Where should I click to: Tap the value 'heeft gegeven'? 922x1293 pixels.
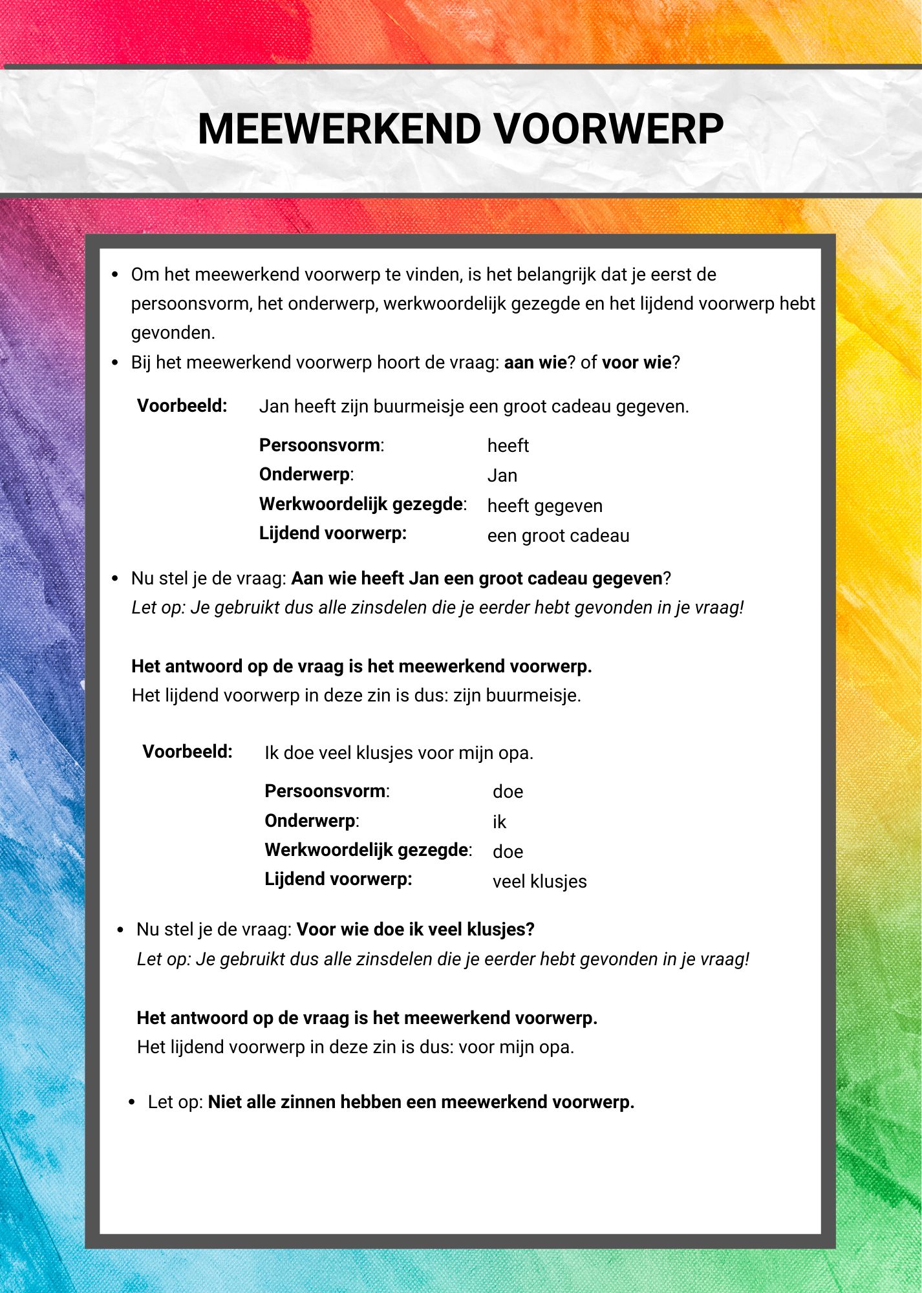544,506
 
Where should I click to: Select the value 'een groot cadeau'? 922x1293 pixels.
558,535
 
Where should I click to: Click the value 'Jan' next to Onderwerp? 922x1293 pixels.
502,476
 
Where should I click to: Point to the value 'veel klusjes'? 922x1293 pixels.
539,881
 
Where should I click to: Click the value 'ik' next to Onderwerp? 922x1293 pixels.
499,822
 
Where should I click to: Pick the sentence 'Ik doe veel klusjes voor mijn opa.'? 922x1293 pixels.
399,753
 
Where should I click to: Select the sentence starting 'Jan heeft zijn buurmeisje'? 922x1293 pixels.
474,407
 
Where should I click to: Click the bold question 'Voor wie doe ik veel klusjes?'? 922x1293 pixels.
415,930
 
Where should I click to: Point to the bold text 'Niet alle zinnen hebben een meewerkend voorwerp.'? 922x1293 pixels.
421,1102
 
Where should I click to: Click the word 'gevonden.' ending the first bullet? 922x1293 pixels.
173,333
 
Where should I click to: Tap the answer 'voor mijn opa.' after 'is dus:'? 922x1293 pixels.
516,1047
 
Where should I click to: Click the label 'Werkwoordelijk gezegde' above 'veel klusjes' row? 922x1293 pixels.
367,850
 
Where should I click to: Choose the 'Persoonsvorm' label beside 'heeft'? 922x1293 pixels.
319,445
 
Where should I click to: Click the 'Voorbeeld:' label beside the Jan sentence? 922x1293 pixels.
182,406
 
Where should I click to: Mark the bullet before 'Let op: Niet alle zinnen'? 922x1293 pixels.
131,1102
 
